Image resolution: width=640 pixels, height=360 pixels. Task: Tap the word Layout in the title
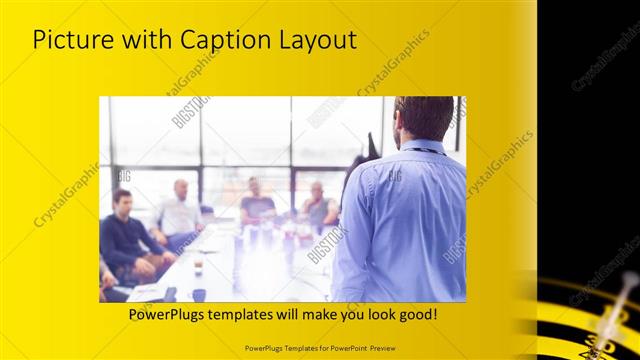point(317,41)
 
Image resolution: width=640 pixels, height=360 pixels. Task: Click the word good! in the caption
point(414,315)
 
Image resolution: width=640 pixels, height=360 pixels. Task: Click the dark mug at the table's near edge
point(198,294)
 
